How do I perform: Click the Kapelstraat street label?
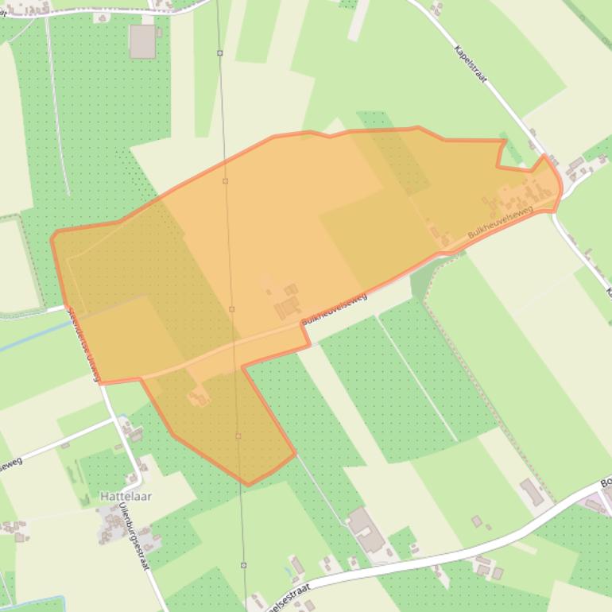click(471, 63)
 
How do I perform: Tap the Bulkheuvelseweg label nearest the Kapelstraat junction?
click(500, 222)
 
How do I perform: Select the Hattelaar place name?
click(126, 496)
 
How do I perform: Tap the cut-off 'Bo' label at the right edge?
click(606, 482)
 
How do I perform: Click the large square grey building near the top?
click(142, 41)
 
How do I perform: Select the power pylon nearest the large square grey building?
click(219, 53)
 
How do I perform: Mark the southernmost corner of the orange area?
click(248, 484)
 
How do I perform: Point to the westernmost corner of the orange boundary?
click(52, 237)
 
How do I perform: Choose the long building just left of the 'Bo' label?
click(532, 492)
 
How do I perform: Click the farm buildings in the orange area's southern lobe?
click(198, 396)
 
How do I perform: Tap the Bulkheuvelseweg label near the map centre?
click(334, 308)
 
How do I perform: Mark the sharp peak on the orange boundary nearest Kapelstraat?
click(545, 156)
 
